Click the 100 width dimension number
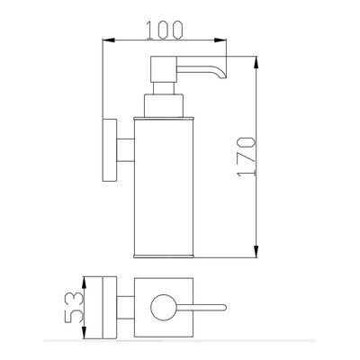[x=164, y=30]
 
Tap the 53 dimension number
[x=73, y=307]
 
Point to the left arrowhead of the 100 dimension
[x=109, y=40]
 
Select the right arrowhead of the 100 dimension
[x=220, y=40]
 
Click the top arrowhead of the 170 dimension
[x=256, y=62]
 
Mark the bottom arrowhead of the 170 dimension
[x=256, y=251]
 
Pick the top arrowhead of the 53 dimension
[x=85, y=283]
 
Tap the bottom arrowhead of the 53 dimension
[x=85, y=332]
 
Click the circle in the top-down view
[x=164, y=307]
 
